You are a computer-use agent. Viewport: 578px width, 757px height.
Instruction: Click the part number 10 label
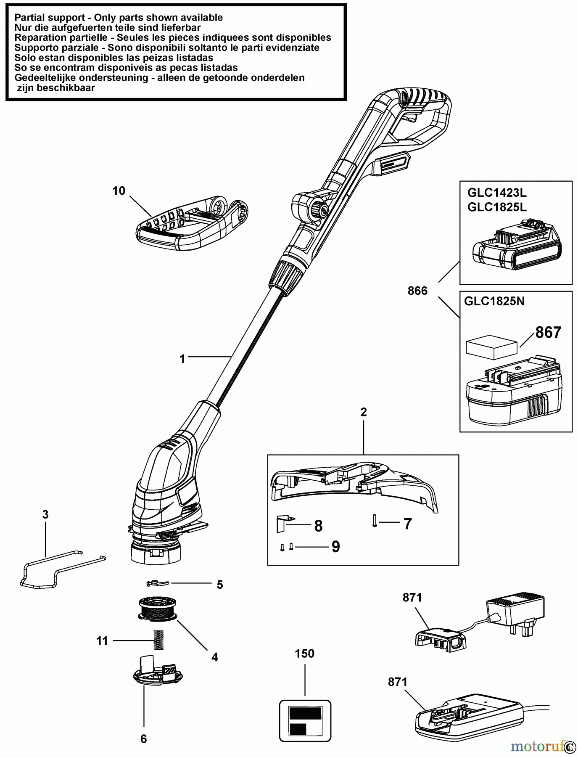pyautogui.click(x=119, y=191)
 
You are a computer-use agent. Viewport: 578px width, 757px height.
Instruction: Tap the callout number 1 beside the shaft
pyautogui.click(x=182, y=359)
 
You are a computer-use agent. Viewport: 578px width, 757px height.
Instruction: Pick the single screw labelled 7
pyautogui.click(x=374, y=521)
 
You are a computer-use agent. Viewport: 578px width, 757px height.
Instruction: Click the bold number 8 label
pyautogui.click(x=318, y=526)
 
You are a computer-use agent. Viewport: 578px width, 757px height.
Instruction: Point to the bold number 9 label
pyautogui.click(x=335, y=546)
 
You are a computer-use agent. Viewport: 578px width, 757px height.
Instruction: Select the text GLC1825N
pyautogui.click(x=494, y=301)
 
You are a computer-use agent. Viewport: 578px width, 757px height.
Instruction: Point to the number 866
pyautogui.click(x=417, y=291)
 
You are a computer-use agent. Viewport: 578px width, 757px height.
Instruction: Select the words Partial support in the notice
pyautogui.click(x=51, y=18)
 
